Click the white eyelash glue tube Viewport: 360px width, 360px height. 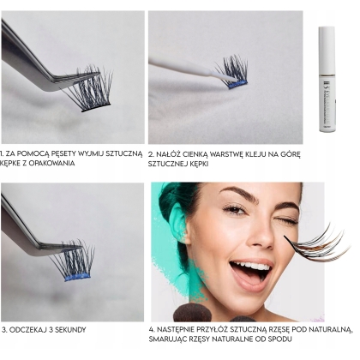coord(327,79)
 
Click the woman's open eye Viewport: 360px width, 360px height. coord(235,211)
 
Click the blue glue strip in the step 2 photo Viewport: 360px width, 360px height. coord(237,84)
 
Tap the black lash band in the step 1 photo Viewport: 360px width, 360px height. coord(96,107)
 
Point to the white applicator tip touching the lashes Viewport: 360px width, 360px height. coord(225,76)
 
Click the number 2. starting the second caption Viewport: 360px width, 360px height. coord(151,155)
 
